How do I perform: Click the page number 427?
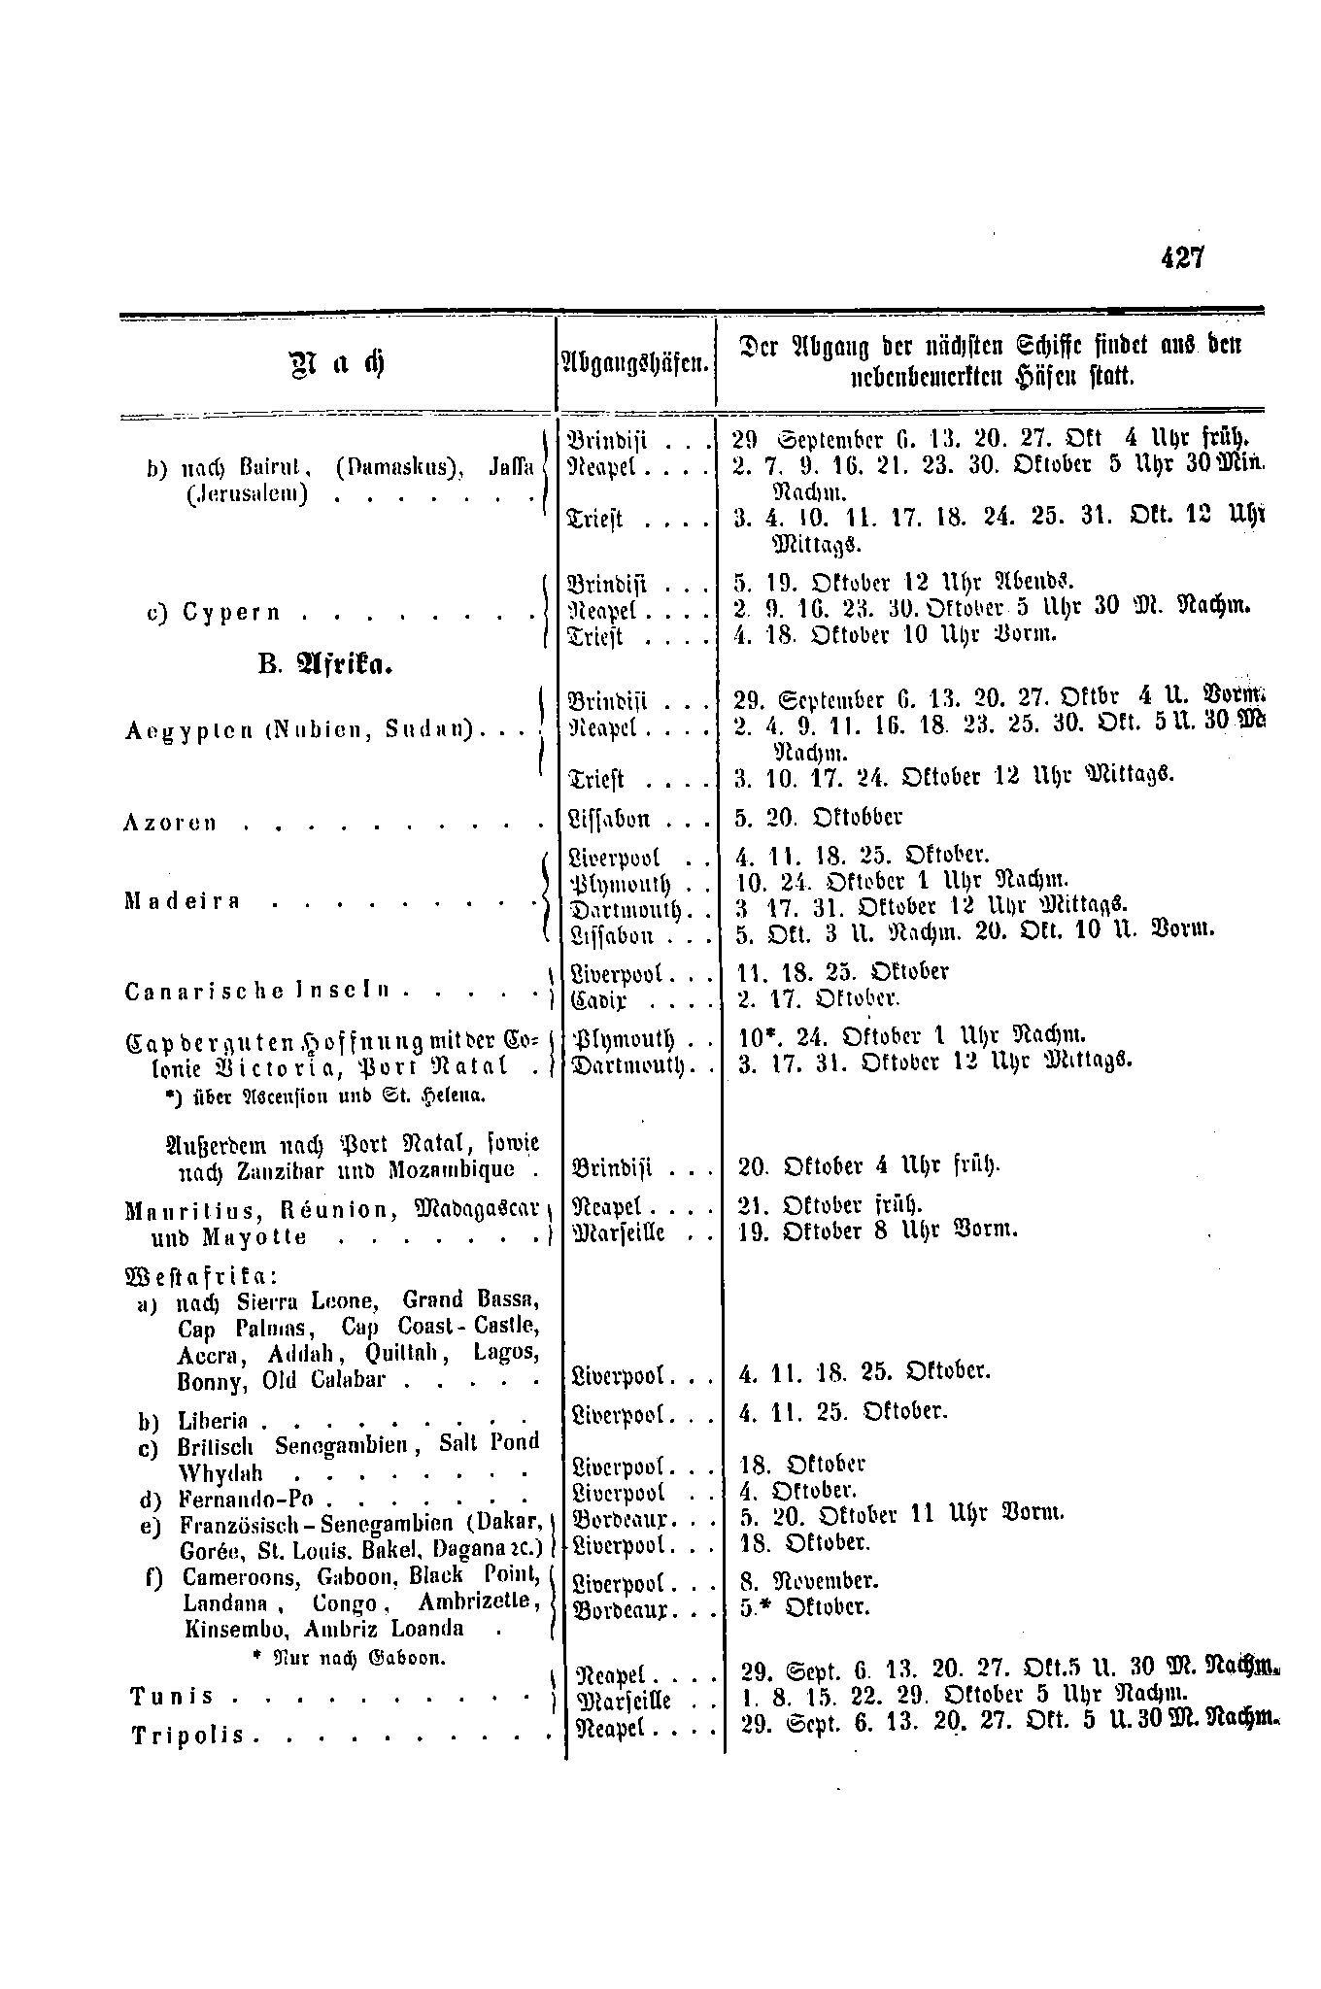pyautogui.click(x=1181, y=257)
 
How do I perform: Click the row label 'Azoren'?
pyautogui.click(x=170, y=824)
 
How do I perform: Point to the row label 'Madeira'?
pyautogui.click(x=182, y=901)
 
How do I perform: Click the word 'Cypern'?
pyautogui.click(x=234, y=612)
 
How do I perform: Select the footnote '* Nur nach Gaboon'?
pyautogui.click(x=347, y=1659)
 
